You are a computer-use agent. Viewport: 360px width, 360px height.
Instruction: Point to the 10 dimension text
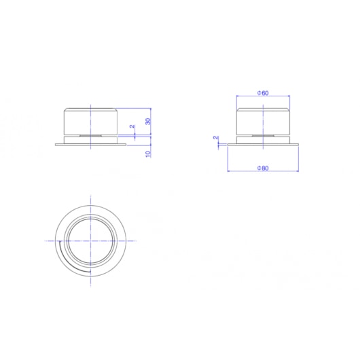[147, 153]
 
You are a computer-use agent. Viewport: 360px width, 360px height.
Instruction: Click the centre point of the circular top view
[91, 240]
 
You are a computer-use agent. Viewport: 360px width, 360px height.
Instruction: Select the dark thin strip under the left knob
[91, 135]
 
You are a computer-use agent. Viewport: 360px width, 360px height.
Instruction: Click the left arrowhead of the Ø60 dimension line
[237, 96]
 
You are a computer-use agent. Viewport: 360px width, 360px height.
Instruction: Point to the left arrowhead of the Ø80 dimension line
[228, 170]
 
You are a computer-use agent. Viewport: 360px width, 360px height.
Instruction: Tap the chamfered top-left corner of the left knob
[65, 109]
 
